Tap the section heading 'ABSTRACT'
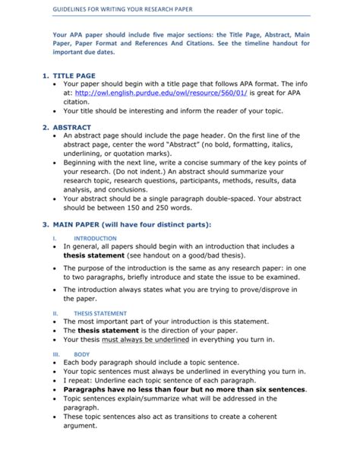click(x=71, y=127)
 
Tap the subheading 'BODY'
click(x=81, y=354)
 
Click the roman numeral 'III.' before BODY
click(x=54, y=354)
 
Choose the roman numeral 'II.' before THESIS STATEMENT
click(x=54, y=313)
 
